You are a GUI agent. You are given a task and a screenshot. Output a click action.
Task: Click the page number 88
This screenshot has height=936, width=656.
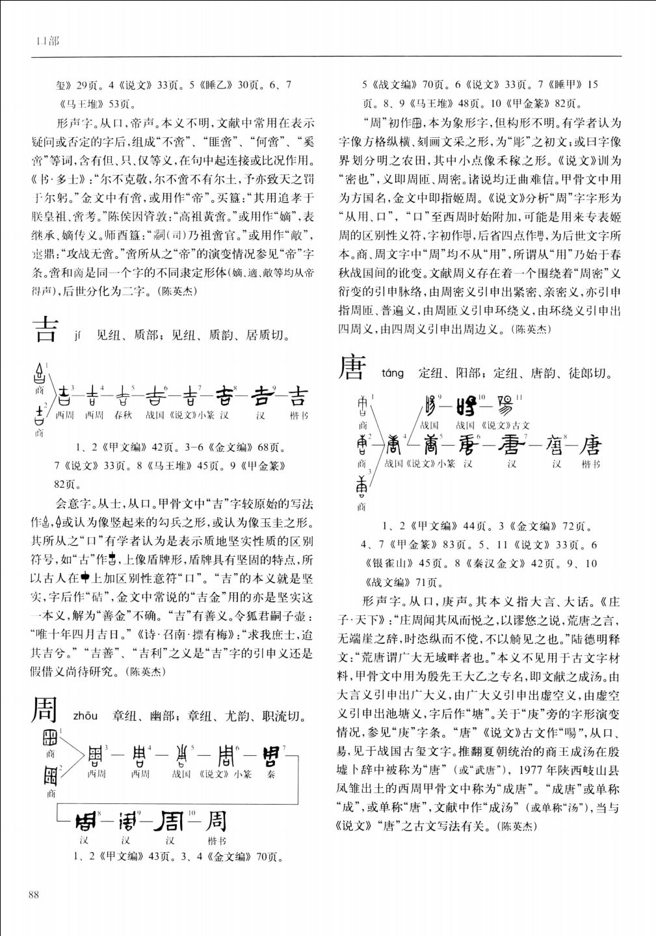(34, 894)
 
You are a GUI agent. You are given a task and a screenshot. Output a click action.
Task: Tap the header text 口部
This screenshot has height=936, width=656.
(47, 41)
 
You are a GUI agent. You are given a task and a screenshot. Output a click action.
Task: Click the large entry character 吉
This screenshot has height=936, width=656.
(45, 330)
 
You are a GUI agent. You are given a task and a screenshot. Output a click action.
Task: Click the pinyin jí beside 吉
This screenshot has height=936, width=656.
(79, 336)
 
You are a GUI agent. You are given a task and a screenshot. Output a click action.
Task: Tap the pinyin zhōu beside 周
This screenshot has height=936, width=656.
(85, 716)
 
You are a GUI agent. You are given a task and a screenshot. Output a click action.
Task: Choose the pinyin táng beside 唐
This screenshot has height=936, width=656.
(393, 373)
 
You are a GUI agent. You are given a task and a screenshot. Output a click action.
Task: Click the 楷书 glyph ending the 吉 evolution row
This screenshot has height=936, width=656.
(298, 396)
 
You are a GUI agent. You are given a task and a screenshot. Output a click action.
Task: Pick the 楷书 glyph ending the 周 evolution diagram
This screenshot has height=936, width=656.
(216, 820)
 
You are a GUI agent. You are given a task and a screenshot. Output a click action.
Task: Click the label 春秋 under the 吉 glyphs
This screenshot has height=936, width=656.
(123, 415)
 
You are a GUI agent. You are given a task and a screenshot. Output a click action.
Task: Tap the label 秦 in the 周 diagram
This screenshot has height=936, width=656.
(270, 774)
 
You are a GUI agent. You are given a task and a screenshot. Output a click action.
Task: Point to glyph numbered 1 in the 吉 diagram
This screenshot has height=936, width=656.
(39, 374)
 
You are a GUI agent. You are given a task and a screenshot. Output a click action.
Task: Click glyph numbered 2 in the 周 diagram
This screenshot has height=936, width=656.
(50, 775)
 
